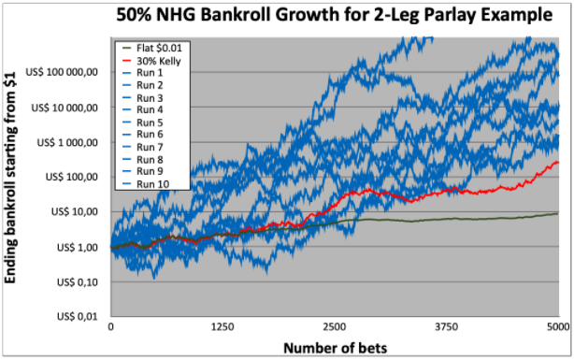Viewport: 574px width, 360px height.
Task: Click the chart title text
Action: (335, 15)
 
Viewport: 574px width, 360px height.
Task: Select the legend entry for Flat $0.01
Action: (151, 49)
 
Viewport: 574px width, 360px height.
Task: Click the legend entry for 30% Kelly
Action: (151, 61)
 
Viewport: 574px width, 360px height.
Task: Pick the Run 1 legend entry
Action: (142, 73)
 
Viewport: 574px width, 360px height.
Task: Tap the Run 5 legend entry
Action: (142, 122)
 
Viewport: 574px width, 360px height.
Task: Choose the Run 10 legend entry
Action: (145, 184)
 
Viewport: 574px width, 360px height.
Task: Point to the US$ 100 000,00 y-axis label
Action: (62, 72)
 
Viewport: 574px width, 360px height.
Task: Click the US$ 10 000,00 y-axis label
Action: (65, 108)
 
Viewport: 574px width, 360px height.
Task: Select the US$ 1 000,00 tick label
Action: (67, 142)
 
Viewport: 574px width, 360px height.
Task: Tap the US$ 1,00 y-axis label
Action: (78, 248)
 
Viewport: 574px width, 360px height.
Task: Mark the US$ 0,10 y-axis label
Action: (78, 282)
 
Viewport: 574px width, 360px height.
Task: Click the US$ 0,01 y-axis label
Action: (78, 316)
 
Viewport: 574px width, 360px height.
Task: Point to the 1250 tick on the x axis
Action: (222, 326)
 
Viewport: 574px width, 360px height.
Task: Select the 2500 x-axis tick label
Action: (335, 326)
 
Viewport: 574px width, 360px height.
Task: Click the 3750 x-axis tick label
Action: (447, 326)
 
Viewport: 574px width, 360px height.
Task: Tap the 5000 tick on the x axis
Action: (559, 326)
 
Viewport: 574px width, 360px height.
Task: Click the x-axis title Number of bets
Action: (335, 348)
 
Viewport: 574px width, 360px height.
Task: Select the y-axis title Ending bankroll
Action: (10, 178)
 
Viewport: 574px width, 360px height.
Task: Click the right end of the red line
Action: (558, 162)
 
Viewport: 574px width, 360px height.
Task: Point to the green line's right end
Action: (558, 213)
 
